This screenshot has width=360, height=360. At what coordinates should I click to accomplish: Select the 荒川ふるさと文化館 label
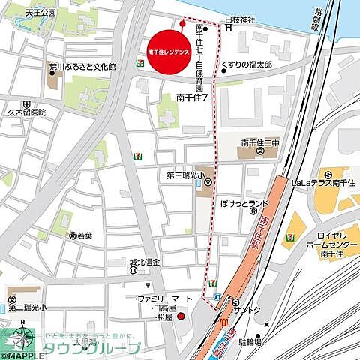(x=82, y=67)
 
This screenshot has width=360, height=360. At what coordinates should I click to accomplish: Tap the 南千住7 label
(x=192, y=97)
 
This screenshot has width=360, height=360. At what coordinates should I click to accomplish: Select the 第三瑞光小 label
(x=184, y=177)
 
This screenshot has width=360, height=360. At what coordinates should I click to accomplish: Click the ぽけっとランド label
(x=243, y=204)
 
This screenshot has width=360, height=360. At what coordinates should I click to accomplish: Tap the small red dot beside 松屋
(x=180, y=316)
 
